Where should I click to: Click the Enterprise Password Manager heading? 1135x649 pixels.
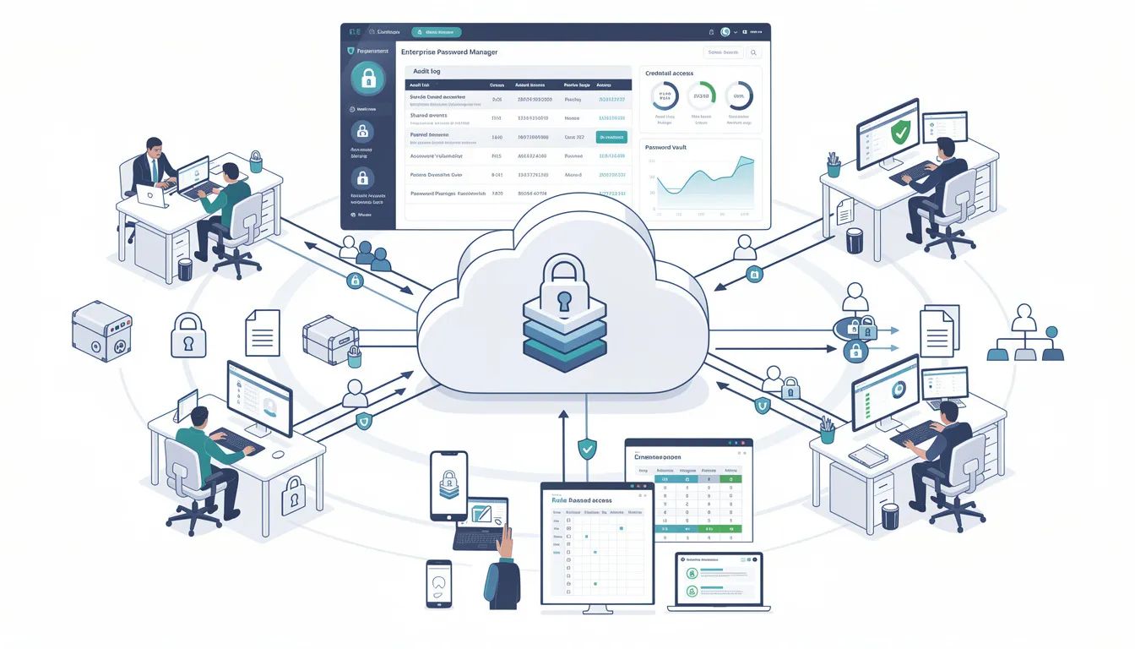(x=448, y=52)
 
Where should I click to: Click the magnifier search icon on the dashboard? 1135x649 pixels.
(x=754, y=52)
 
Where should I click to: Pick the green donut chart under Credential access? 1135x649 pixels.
(x=701, y=95)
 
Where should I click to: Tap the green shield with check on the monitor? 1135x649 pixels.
(x=901, y=132)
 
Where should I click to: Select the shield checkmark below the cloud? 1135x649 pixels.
(x=586, y=449)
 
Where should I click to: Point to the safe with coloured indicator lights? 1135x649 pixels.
(x=101, y=332)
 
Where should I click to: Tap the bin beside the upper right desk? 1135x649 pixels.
(x=855, y=240)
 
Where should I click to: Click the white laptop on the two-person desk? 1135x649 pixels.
(x=154, y=198)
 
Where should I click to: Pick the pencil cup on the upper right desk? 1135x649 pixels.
(x=834, y=165)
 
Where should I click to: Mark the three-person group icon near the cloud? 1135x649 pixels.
(x=366, y=252)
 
